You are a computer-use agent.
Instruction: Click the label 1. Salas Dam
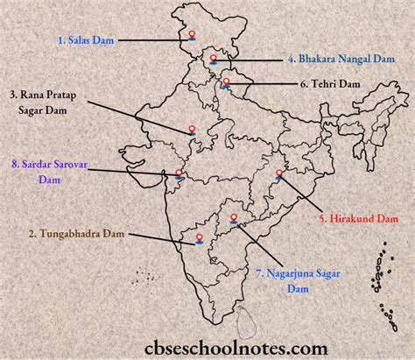tap(88, 39)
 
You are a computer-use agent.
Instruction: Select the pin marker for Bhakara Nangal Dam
tap(212, 60)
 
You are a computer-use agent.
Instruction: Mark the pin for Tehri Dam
tap(227, 83)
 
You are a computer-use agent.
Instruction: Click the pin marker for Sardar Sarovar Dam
tap(179, 173)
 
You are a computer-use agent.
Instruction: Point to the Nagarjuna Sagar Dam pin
tap(234, 219)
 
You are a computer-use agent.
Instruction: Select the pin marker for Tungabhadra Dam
tap(203, 237)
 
